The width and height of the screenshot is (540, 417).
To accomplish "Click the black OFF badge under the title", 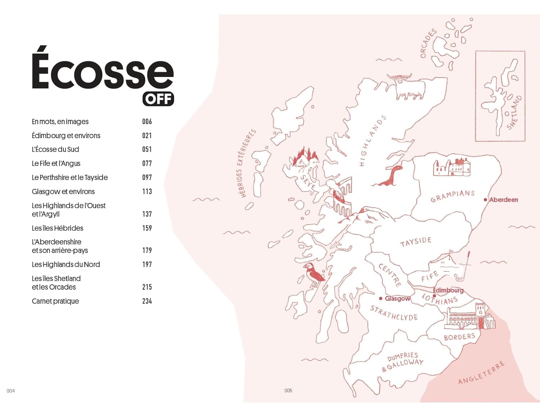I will point(158,99).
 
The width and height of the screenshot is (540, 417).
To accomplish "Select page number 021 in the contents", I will point(147,136).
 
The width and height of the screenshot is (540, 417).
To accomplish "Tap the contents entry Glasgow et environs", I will point(63,191).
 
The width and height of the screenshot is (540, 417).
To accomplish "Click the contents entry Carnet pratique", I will point(55,301).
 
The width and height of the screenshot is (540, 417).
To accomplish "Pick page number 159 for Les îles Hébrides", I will point(147,228).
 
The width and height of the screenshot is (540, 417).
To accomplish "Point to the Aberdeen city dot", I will point(485,200).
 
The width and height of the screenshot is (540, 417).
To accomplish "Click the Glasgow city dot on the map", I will point(381,299).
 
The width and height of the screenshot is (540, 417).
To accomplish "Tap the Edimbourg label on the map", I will point(448,290).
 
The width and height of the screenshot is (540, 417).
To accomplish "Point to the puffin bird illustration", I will point(313,274).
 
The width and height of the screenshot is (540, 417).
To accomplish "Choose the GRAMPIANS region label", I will point(453,196).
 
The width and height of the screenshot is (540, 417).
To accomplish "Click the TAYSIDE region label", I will point(415,242).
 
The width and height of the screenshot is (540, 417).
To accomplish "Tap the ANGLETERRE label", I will point(481,373).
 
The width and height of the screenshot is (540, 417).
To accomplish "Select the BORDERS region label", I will point(459,337).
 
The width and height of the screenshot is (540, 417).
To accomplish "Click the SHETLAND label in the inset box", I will point(514,112).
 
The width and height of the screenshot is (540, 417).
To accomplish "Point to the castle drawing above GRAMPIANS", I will point(451,167).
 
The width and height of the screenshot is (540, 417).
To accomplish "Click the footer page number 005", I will point(288,391).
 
